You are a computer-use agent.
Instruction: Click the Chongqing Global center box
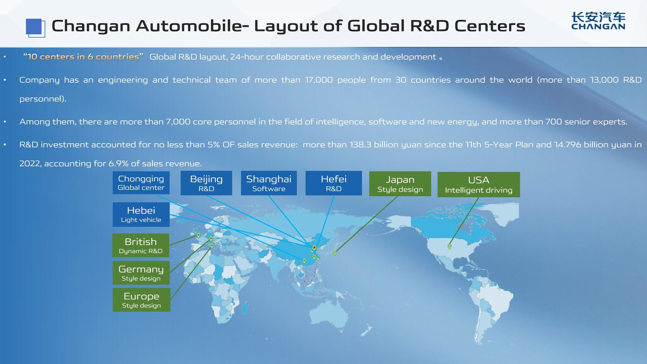click(141, 183)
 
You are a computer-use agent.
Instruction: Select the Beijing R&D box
click(206, 183)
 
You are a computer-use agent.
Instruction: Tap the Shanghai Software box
click(269, 183)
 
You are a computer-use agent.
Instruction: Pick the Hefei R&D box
click(334, 183)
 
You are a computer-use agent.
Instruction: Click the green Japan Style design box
click(400, 184)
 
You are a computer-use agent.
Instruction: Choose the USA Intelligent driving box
click(478, 185)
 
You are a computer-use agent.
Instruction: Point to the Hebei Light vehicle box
click(141, 214)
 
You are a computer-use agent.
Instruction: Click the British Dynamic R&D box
click(141, 245)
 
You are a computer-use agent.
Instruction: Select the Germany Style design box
click(141, 273)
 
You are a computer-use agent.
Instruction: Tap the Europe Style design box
click(142, 300)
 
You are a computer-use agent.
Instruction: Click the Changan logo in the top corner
click(598, 21)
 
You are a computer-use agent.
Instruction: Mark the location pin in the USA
click(450, 246)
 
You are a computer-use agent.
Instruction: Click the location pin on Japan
click(334, 252)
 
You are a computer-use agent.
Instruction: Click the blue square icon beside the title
click(35, 28)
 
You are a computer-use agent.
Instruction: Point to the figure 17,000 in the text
click(319, 80)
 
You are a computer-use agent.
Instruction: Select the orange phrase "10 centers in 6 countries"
click(83, 57)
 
